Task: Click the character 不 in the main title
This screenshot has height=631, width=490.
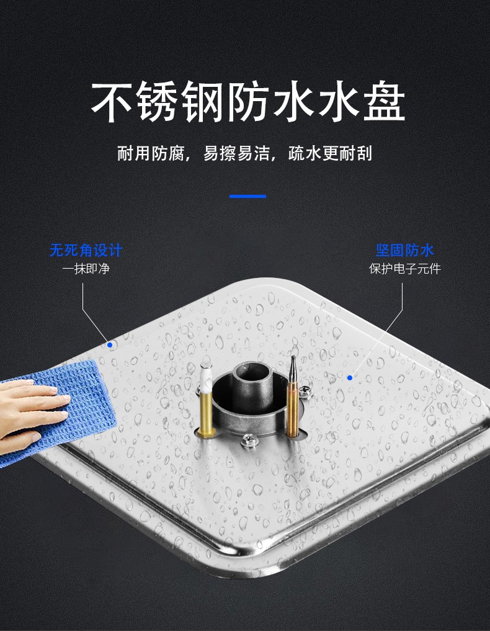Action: point(112,102)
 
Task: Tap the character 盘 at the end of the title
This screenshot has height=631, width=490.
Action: point(384,102)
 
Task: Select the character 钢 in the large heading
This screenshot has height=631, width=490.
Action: point(202,102)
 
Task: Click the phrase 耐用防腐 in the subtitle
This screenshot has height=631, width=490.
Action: point(151,153)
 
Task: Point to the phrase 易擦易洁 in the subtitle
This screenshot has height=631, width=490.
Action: point(236,153)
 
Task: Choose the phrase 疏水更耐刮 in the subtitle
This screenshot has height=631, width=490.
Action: point(330,153)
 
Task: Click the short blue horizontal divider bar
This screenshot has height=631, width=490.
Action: point(247,197)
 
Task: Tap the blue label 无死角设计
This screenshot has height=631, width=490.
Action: point(86,250)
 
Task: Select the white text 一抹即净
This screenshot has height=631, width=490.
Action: point(86,269)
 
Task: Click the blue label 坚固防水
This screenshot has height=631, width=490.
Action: point(404,250)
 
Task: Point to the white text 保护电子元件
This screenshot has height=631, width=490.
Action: point(404,269)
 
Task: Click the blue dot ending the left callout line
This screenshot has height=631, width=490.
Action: point(109,344)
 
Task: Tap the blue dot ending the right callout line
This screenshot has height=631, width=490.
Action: point(350,377)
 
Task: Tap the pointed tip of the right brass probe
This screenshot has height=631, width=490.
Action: point(293,357)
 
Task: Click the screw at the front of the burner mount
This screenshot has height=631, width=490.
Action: point(247,441)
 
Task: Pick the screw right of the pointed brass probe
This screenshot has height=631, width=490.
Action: point(305,390)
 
